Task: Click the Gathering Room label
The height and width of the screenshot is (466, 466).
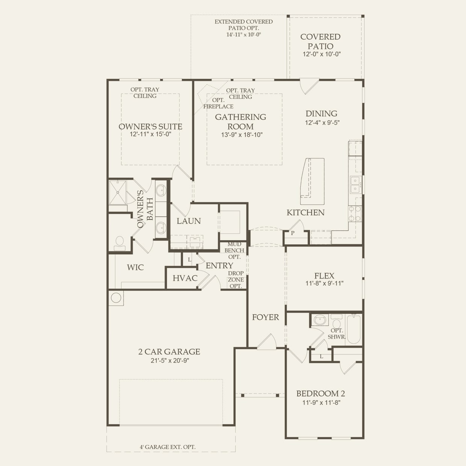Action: (x=240, y=121)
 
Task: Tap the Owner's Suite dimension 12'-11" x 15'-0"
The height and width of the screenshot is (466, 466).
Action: (x=150, y=135)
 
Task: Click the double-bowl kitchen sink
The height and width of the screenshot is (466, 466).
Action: (x=354, y=184)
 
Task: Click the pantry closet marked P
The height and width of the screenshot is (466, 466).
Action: (x=293, y=233)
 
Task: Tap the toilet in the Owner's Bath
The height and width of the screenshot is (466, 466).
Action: (x=120, y=243)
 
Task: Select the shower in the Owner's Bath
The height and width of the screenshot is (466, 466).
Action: (x=118, y=192)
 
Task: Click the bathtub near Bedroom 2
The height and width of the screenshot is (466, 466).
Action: (x=353, y=330)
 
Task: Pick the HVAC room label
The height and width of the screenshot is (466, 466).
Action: (x=185, y=278)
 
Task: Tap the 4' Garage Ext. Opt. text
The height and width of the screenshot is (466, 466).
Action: (x=168, y=447)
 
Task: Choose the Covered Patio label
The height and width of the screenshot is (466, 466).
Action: (x=321, y=41)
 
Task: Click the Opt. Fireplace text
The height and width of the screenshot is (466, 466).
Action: (x=218, y=103)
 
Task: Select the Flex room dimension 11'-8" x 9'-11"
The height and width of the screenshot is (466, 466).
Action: (x=324, y=284)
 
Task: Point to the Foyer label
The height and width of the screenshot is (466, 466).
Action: (x=265, y=317)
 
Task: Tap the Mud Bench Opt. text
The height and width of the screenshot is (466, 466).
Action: (x=234, y=251)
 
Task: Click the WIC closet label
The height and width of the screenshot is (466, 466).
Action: (x=135, y=268)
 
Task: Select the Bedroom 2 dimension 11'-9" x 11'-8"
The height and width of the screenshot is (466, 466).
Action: (x=321, y=402)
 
